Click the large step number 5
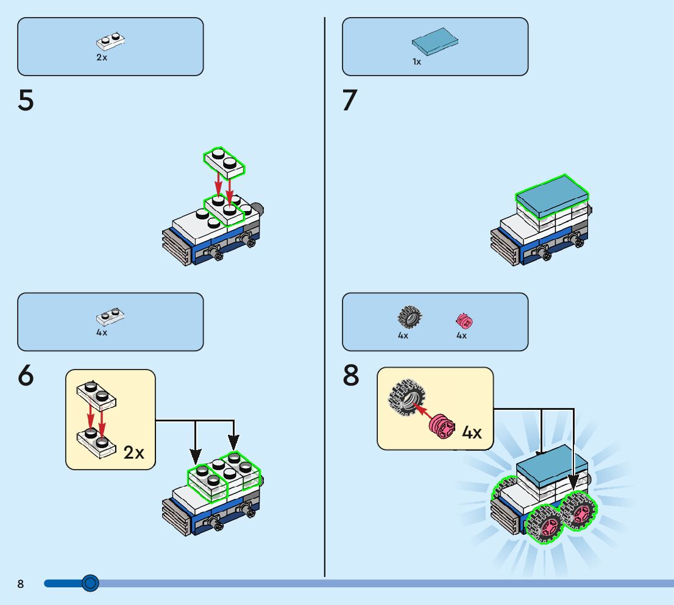(26, 101)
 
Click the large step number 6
(26, 376)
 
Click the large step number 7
(349, 101)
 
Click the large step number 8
(351, 376)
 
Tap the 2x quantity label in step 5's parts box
(101, 57)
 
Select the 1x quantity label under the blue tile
(417, 62)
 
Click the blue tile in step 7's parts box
(435, 42)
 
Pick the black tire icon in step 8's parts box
(410, 317)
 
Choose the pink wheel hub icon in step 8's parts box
(464, 321)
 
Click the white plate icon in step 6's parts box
(110, 317)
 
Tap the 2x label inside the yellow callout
(133, 453)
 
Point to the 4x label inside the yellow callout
(472, 432)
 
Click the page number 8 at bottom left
(21, 584)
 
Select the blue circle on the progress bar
(90, 584)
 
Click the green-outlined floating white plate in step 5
(224, 162)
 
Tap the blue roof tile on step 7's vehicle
(553, 195)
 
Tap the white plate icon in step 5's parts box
(110, 41)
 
